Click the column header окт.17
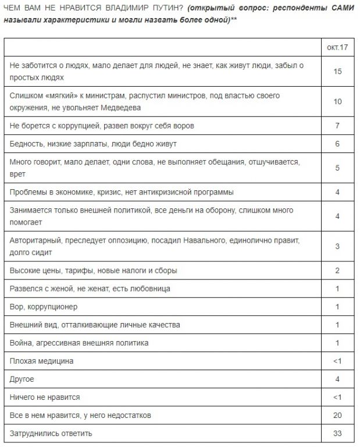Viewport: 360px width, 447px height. pos(337,47)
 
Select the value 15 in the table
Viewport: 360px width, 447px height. pos(337,71)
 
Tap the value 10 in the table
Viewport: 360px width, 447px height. pos(337,101)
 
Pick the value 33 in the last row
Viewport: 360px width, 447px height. pos(337,434)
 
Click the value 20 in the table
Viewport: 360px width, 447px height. pos(337,415)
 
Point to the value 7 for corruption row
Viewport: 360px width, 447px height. pos(337,126)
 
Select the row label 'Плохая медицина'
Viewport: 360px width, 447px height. pos(42,361)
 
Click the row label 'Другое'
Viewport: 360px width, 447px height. pos(22,379)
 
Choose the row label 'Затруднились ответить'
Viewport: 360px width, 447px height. pos(51,434)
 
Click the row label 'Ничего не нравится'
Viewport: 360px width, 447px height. pos(45,397)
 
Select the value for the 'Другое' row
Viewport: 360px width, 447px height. pos(337,379)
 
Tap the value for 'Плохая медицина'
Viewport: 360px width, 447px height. pos(337,361)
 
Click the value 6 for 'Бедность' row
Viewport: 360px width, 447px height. pos(337,144)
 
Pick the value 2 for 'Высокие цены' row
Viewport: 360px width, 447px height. pos(337,271)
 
